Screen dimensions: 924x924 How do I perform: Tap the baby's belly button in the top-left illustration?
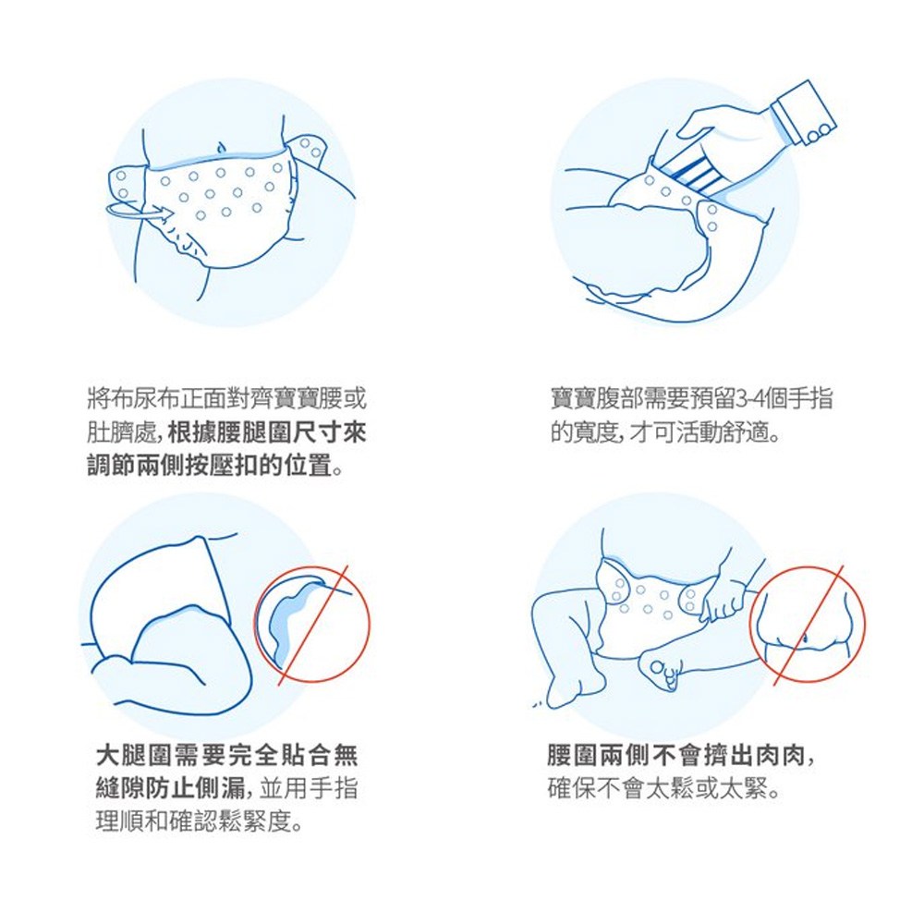coord(221,146)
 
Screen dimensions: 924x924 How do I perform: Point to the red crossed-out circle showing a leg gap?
coord(311,625)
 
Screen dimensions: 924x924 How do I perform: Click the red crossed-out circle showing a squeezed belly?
coord(808,624)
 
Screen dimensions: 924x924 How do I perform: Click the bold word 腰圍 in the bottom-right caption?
coord(572,755)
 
